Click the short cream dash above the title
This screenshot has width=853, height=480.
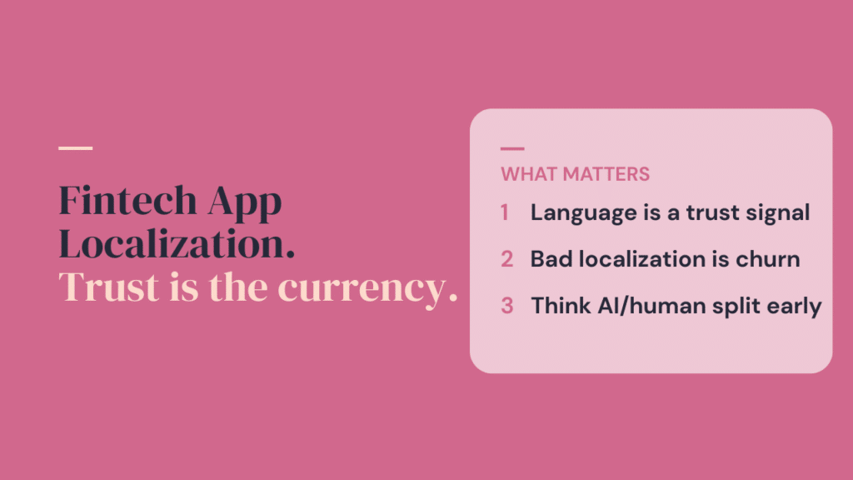[x=76, y=148]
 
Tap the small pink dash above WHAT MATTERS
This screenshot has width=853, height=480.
[x=512, y=149]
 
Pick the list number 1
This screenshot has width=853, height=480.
[x=505, y=212]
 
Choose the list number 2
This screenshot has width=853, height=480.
[x=506, y=259]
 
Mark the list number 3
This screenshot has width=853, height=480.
[x=506, y=306]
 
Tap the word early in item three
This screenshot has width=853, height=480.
[x=795, y=307]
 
